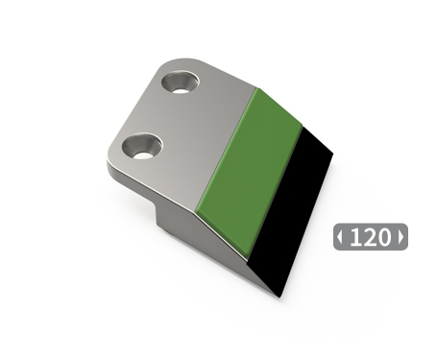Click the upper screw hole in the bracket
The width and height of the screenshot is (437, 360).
click(180, 82)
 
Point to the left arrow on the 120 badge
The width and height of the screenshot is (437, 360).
click(340, 237)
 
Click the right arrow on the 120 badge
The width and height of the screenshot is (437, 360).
click(401, 237)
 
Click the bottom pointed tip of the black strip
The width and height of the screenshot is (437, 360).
click(278, 294)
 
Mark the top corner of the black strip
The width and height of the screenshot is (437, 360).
click(305, 125)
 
